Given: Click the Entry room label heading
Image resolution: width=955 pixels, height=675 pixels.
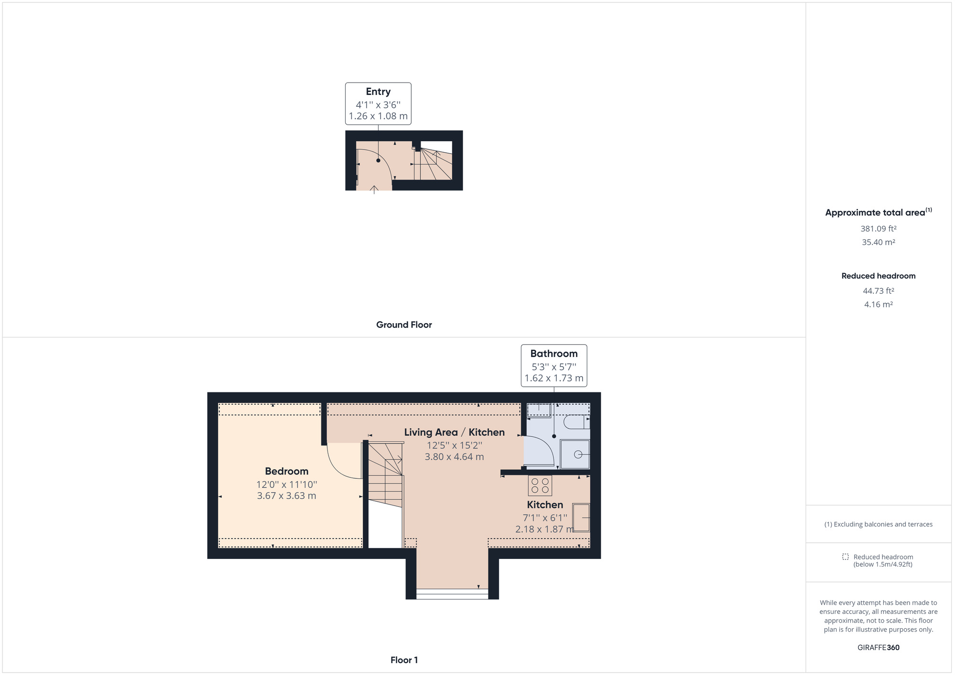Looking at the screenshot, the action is point(378,92).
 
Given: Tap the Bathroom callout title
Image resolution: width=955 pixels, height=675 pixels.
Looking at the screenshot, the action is point(554,354).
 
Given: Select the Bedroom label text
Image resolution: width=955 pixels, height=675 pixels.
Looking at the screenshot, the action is point(286,471).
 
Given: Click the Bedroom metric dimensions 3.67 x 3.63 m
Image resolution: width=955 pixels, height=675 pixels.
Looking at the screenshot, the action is point(286,496).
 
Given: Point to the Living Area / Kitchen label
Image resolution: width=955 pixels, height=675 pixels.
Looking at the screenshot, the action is point(454,432).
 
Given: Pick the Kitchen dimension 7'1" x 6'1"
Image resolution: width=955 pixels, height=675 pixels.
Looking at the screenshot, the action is point(545,518).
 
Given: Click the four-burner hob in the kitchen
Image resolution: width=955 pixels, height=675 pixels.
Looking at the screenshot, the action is point(540,486).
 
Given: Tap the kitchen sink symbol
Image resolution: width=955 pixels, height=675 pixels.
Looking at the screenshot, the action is point(581,517).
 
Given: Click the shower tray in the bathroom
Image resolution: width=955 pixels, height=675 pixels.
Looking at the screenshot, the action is point(575,454).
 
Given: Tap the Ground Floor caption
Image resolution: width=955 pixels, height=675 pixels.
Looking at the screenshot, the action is point(404,325).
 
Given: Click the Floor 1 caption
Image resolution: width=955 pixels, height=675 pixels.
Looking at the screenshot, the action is point(404,660).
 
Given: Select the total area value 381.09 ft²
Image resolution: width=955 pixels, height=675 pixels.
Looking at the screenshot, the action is point(879,229).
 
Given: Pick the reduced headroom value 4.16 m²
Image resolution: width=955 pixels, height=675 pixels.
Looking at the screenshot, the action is point(879,305).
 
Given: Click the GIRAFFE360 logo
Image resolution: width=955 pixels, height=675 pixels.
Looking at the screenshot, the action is point(879,648).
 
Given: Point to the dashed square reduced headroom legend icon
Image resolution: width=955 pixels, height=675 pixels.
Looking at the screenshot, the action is point(845,557).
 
